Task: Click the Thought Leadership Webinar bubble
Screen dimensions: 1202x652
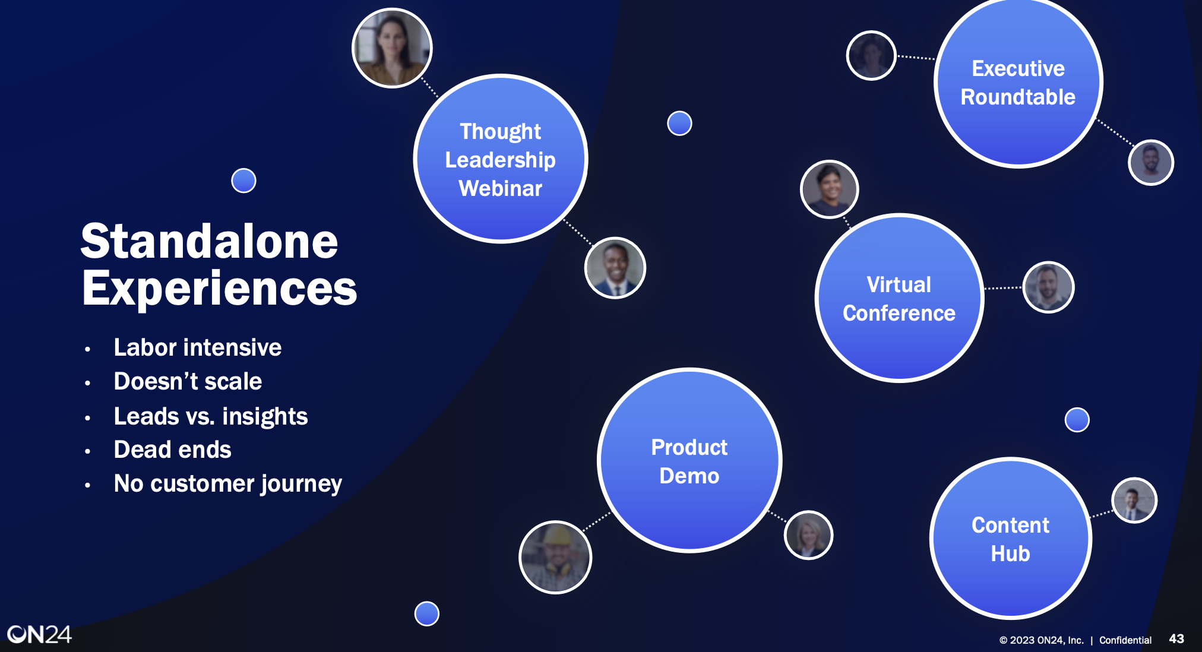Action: click(x=501, y=159)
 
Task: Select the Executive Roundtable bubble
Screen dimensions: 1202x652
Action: click(x=1018, y=83)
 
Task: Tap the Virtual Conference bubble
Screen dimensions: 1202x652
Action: click(x=899, y=298)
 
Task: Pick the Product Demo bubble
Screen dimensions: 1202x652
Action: click(x=689, y=461)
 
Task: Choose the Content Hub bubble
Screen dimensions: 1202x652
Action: click(x=1010, y=539)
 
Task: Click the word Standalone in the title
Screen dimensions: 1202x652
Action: click(x=210, y=242)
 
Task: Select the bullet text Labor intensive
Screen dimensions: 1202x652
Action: click(x=198, y=347)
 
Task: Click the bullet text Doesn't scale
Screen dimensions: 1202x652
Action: click(x=188, y=381)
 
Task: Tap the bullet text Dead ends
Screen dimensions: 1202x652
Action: click(x=172, y=450)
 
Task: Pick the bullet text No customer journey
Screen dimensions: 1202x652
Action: click(x=228, y=484)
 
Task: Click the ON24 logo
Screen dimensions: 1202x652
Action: click(x=39, y=635)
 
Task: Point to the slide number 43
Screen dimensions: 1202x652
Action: click(x=1176, y=639)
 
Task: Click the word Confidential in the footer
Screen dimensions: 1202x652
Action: click(x=1125, y=640)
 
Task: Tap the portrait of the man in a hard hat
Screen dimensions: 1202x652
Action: click(x=555, y=557)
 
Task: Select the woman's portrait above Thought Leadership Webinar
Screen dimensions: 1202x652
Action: click(x=392, y=48)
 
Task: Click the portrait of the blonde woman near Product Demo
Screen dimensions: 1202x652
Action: click(x=809, y=535)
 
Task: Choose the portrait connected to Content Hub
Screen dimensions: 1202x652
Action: click(x=1134, y=501)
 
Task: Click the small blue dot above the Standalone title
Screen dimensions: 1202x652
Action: click(x=243, y=181)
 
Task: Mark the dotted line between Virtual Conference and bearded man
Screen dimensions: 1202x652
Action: click(x=1003, y=288)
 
